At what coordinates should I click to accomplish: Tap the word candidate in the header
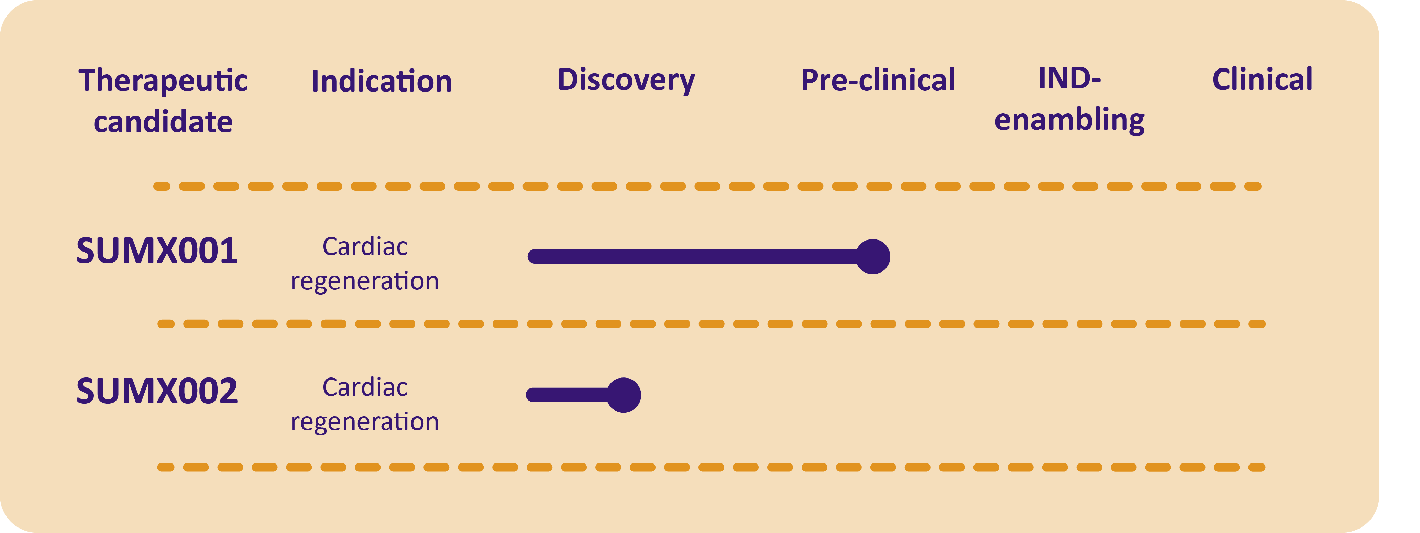point(163,121)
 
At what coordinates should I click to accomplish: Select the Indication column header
point(382,81)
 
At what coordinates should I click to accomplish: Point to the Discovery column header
point(626,81)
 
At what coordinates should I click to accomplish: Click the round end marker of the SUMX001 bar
point(873,257)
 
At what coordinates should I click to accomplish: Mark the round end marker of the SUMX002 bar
point(624,395)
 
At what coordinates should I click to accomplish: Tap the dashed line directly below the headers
point(707,186)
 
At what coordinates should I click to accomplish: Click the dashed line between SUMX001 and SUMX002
point(711,324)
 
